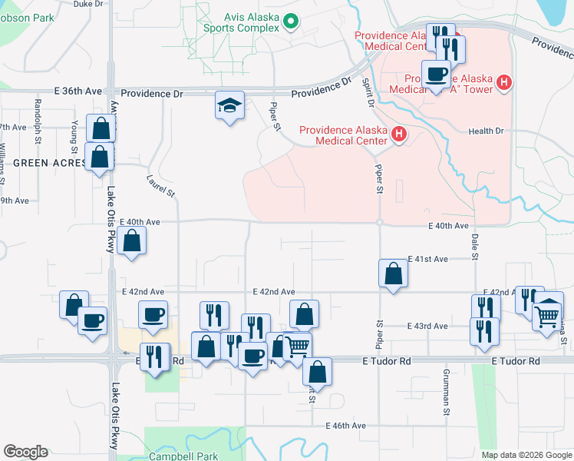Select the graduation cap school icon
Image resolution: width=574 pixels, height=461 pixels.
(229, 106)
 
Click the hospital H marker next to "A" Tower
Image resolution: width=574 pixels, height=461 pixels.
(504, 82)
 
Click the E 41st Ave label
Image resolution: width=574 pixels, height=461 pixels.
(428, 259)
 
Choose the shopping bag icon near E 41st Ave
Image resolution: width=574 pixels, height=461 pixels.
(393, 273)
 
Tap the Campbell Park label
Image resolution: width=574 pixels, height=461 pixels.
(184, 456)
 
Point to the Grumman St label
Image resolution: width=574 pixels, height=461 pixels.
(445, 400)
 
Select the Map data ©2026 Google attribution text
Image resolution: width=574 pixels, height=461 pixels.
(526, 455)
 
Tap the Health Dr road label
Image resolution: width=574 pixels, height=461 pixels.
(486, 131)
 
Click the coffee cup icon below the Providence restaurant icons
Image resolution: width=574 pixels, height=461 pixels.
(436, 75)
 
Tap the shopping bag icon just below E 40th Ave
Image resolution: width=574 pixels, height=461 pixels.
(133, 240)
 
